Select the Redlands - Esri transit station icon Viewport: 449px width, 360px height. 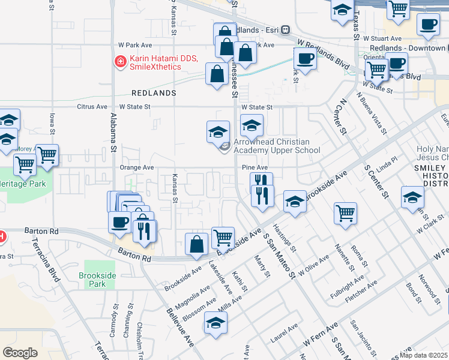[x=286, y=29]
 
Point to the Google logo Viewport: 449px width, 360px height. [x=20, y=352]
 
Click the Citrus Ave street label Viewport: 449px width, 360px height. [x=91, y=107]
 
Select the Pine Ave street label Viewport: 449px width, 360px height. [x=255, y=168]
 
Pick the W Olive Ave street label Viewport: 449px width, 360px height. [x=313, y=263]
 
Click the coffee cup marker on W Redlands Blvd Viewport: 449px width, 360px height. [x=305, y=59]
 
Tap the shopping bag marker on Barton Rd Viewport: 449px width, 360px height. [x=197, y=244]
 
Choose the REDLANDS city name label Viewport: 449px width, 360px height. [x=154, y=93]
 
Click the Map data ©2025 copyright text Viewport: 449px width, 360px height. [x=424, y=355]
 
